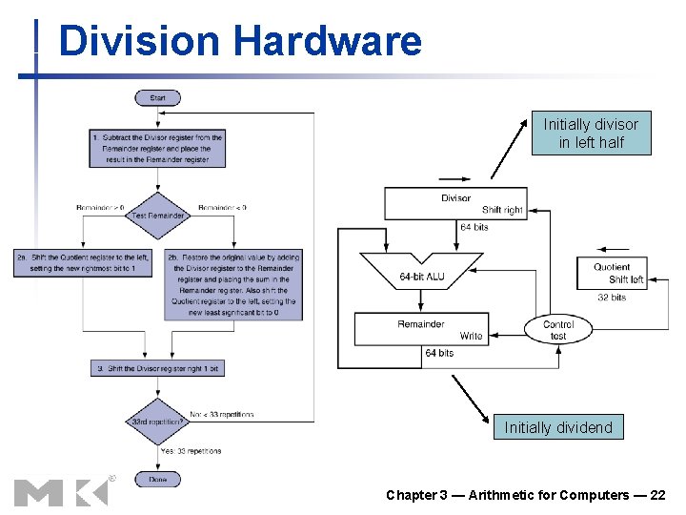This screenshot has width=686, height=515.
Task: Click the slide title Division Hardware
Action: [x=239, y=42]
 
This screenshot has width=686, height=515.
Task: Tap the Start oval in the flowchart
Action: [x=158, y=97]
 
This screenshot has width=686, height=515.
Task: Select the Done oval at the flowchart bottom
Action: [x=157, y=480]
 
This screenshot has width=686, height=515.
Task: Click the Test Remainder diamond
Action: [x=158, y=216]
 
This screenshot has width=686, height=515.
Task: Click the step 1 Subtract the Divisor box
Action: [x=158, y=149]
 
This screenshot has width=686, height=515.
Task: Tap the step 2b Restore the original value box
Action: [x=233, y=285]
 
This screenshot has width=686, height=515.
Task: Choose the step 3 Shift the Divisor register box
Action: [x=158, y=368]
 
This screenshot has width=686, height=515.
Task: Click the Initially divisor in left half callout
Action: [x=591, y=134]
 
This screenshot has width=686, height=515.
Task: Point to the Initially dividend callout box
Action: [x=558, y=427]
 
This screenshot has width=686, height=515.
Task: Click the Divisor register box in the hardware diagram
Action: [x=454, y=203]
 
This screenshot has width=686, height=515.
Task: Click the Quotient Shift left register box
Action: [x=612, y=273]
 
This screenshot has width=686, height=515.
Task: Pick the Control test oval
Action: [x=558, y=329]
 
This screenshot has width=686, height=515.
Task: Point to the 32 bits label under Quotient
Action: [x=611, y=298]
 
